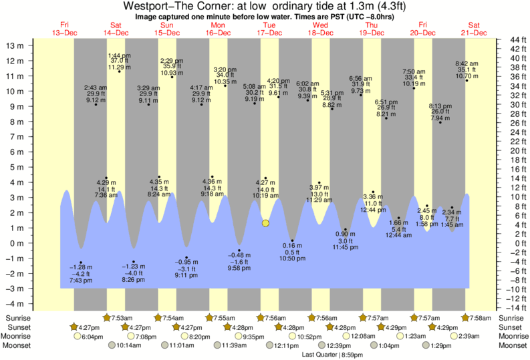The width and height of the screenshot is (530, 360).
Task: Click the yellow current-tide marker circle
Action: pyautogui.click(x=265, y=223)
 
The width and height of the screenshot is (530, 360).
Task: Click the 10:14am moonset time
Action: pyautogui.click(x=123, y=345)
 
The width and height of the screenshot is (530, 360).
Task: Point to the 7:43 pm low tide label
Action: pyautogui.click(x=82, y=280)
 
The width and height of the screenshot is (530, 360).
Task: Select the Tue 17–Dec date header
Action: pyautogui.click(x=269, y=29)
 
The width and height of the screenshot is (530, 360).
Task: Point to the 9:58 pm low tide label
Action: pyautogui.click(x=239, y=268)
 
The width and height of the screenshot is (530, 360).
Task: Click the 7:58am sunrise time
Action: pyautogui.click(x=481, y=318)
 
